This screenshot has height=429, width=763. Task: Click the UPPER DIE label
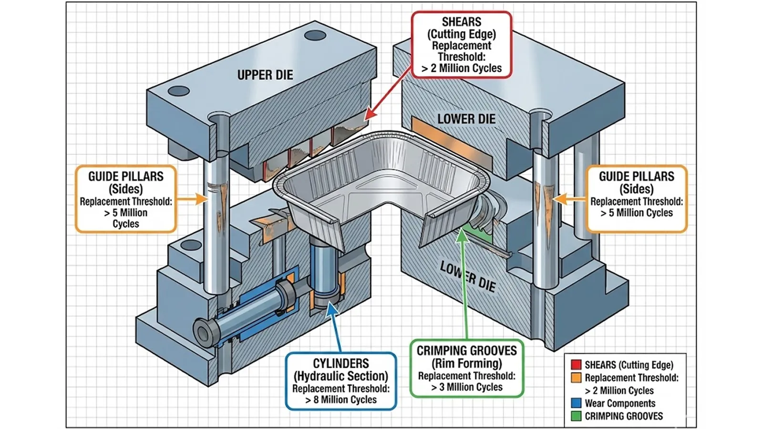[265, 75]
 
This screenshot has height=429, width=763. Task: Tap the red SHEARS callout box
[461, 45]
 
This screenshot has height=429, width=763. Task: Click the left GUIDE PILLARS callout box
[126, 199]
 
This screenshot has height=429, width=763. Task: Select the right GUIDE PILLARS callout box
[636, 199]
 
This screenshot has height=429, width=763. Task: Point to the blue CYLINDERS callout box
[341, 381]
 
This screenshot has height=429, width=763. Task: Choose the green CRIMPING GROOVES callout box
[466, 368]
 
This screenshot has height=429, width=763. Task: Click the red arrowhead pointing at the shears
[369, 115]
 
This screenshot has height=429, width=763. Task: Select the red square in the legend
[576, 365]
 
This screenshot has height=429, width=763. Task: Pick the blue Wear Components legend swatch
[576, 403]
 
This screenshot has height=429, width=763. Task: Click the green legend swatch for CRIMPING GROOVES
[576, 416]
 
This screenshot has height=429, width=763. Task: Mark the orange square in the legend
[576, 378]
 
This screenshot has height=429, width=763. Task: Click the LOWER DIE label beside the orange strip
[466, 119]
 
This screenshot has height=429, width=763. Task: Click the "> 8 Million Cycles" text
[341, 400]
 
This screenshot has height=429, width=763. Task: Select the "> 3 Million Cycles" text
[466, 387]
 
